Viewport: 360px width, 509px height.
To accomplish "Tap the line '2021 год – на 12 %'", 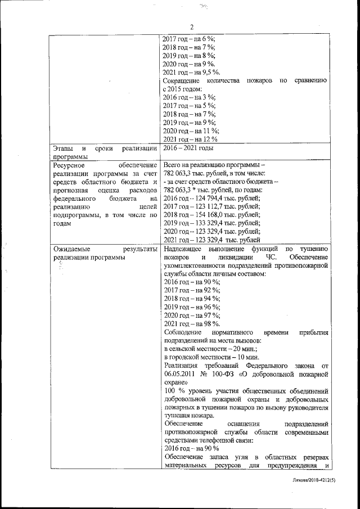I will [190, 139].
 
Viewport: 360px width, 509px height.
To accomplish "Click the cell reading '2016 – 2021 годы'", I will [188, 148].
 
